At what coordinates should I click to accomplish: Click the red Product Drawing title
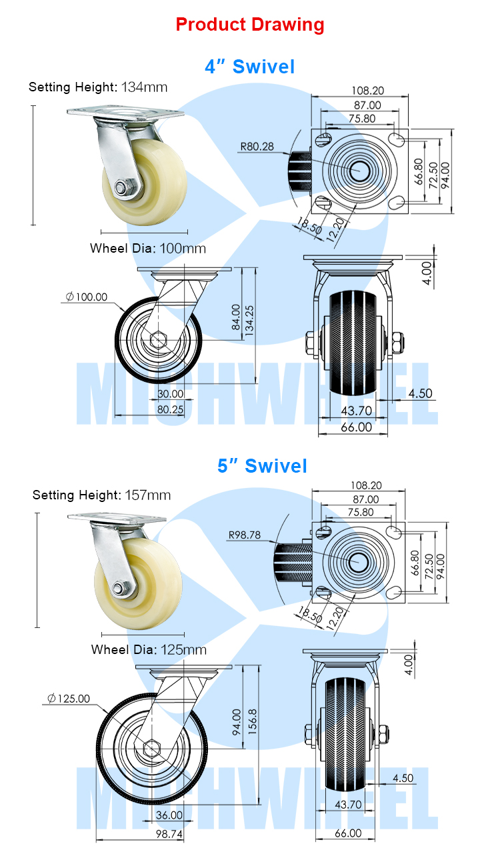tap(250, 25)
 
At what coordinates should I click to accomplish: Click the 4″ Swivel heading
tap(249, 67)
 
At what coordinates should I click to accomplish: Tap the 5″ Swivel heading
tap(262, 465)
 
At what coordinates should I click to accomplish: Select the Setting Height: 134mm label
tap(98, 87)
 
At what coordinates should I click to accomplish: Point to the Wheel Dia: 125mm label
tap(149, 649)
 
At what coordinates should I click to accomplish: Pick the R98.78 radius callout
tap(245, 534)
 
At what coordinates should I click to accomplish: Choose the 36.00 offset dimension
tap(169, 815)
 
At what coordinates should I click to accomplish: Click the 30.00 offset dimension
tap(170, 393)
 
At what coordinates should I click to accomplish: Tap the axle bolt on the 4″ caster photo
tap(122, 189)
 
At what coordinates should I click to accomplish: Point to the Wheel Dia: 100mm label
tap(148, 249)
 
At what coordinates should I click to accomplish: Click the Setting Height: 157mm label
tap(101, 495)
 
